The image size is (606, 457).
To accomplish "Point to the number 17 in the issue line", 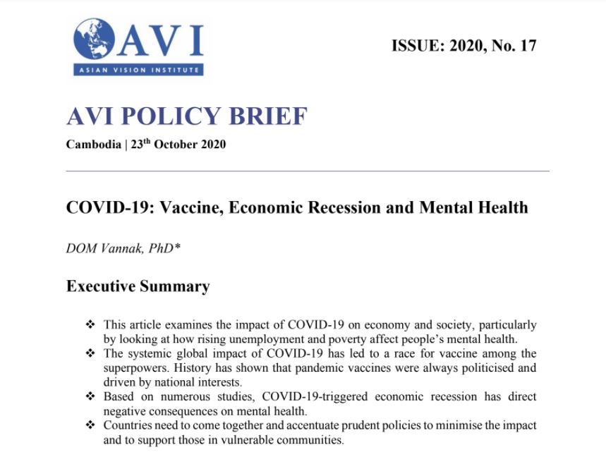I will (528, 47).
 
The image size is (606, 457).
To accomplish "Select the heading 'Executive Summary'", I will (138, 286).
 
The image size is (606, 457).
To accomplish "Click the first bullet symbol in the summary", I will (90, 324).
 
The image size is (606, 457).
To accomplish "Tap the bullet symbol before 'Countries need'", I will (90, 425).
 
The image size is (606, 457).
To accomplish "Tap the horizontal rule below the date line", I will (308, 171).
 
